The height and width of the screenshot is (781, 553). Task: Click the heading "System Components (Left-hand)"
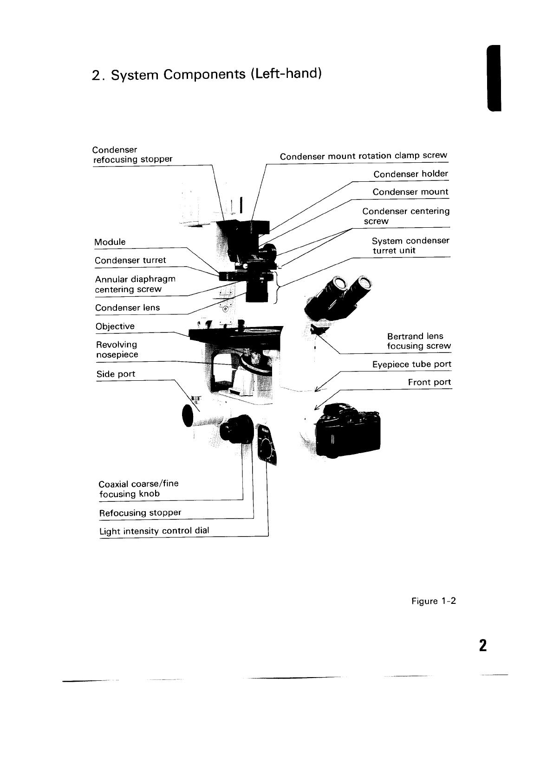(207, 75)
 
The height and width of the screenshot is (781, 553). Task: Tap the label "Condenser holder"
(410, 174)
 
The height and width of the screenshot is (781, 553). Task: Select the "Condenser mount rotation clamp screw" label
(363, 156)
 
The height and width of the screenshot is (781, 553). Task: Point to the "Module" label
(110, 242)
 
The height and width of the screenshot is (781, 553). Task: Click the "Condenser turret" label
(130, 261)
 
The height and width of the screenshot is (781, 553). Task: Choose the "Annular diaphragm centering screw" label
(135, 284)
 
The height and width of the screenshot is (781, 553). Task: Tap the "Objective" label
(115, 326)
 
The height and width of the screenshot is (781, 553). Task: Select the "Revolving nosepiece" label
(117, 350)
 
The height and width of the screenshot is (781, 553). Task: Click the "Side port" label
(116, 374)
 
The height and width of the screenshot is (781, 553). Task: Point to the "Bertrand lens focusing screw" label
(418, 341)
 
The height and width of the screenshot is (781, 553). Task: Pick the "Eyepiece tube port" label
(411, 365)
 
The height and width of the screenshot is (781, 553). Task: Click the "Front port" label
(429, 383)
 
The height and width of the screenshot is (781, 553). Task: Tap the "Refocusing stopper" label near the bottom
(140, 513)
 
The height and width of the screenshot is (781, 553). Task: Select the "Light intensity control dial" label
(154, 531)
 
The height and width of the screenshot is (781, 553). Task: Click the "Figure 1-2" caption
(434, 602)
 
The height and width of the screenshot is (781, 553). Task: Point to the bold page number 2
(482, 645)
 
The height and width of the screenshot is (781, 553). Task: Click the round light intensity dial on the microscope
(266, 449)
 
